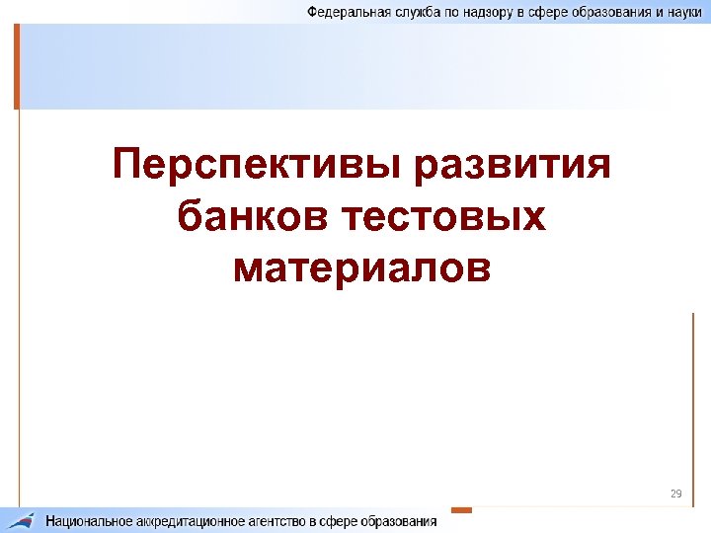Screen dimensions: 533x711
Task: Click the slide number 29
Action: tap(676, 494)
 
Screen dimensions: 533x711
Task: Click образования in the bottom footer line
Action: tap(398, 521)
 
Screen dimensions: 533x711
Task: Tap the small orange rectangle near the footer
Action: tap(461, 510)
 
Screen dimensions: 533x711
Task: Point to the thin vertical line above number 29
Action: tap(693, 395)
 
